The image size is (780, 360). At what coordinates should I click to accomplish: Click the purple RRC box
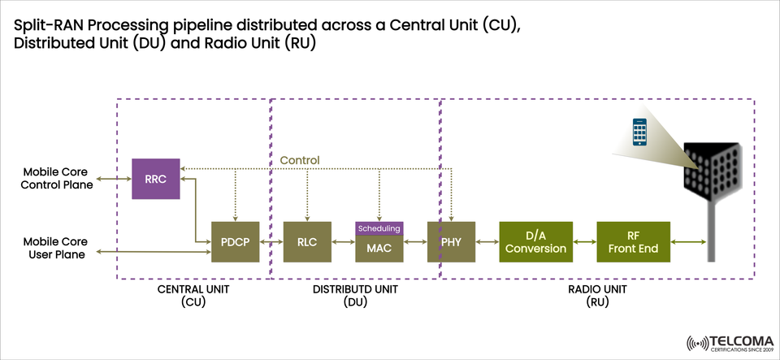click(155, 179)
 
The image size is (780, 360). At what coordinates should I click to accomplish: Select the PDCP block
click(236, 241)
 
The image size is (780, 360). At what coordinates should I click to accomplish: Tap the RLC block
click(307, 241)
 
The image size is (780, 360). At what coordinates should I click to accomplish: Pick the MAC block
click(379, 248)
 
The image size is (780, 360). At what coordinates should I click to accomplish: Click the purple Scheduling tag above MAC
click(379, 228)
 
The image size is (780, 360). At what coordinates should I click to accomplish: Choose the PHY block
click(451, 241)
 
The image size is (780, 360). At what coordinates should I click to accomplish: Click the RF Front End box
click(633, 241)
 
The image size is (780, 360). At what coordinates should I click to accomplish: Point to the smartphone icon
click(643, 132)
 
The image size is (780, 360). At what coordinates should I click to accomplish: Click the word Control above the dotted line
click(300, 160)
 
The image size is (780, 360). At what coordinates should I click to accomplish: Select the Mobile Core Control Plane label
click(58, 179)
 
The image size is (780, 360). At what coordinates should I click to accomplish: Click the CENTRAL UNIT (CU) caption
click(193, 296)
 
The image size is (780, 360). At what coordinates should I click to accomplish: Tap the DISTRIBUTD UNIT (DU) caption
click(355, 296)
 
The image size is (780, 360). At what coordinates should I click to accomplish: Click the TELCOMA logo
click(728, 342)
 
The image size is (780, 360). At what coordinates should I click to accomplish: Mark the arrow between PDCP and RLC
click(272, 241)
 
